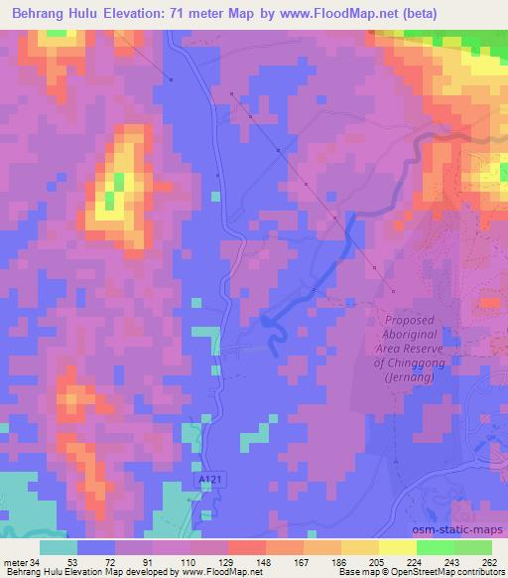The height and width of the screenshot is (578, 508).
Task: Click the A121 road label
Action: [x=202, y=477]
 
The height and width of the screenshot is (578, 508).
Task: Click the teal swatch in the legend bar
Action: [x=59, y=546]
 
